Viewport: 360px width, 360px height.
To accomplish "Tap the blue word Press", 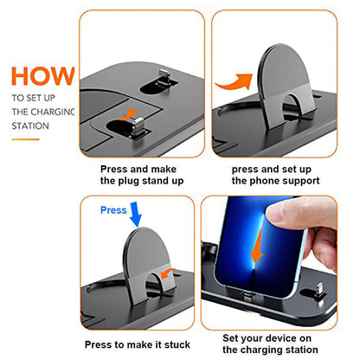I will coord(113,209).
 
